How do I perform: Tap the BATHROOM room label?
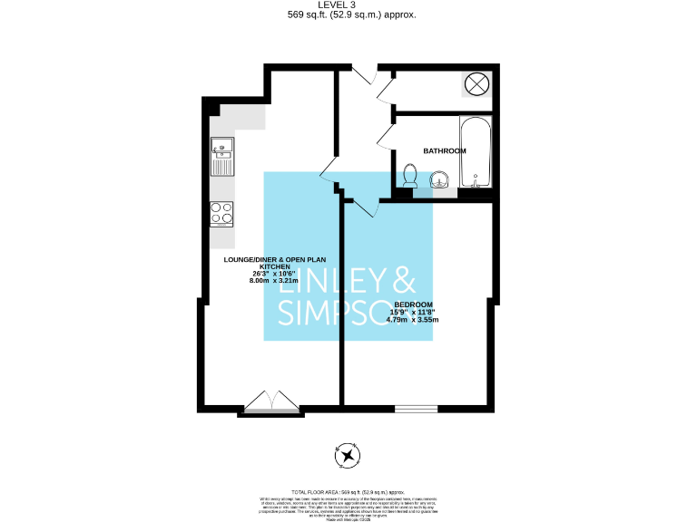pyautogui.click(x=445, y=150)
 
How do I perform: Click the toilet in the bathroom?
pyautogui.click(x=410, y=177)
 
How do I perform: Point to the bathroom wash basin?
pyautogui.click(x=441, y=181)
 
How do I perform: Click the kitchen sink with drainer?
pyautogui.click(x=222, y=157)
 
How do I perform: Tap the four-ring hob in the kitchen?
pyautogui.click(x=222, y=213)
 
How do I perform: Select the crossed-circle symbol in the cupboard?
pyautogui.click(x=476, y=86)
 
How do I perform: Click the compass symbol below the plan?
pyautogui.click(x=347, y=456)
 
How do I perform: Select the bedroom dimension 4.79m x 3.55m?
pyautogui.click(x=412, y=320)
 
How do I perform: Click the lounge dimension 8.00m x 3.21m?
pyautogui.click(x=275, y=281)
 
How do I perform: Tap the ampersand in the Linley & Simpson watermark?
pyautogui.click(x=402, y=278)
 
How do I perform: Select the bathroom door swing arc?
pyautogui.click(x=384, y=136)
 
